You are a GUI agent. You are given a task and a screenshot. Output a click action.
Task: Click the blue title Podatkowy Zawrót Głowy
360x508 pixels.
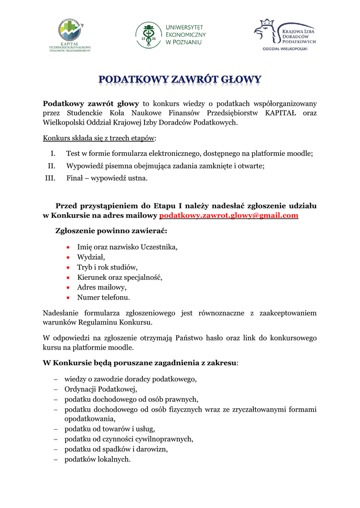point(180,80)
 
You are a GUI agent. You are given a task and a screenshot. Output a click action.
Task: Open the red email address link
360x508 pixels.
point(228,215)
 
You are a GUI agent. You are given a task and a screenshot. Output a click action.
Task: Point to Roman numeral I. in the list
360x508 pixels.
point(53,154)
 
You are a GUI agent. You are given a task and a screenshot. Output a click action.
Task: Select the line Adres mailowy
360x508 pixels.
point(101,287)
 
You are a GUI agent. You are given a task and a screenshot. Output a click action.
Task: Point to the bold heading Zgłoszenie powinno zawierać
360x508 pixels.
point(111,231)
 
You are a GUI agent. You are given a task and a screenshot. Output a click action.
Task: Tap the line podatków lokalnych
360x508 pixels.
point(97,459)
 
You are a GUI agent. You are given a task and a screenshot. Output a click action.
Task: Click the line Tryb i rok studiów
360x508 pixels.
point(107,267)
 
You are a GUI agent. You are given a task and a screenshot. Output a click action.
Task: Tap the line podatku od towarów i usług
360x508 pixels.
point(110,429)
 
